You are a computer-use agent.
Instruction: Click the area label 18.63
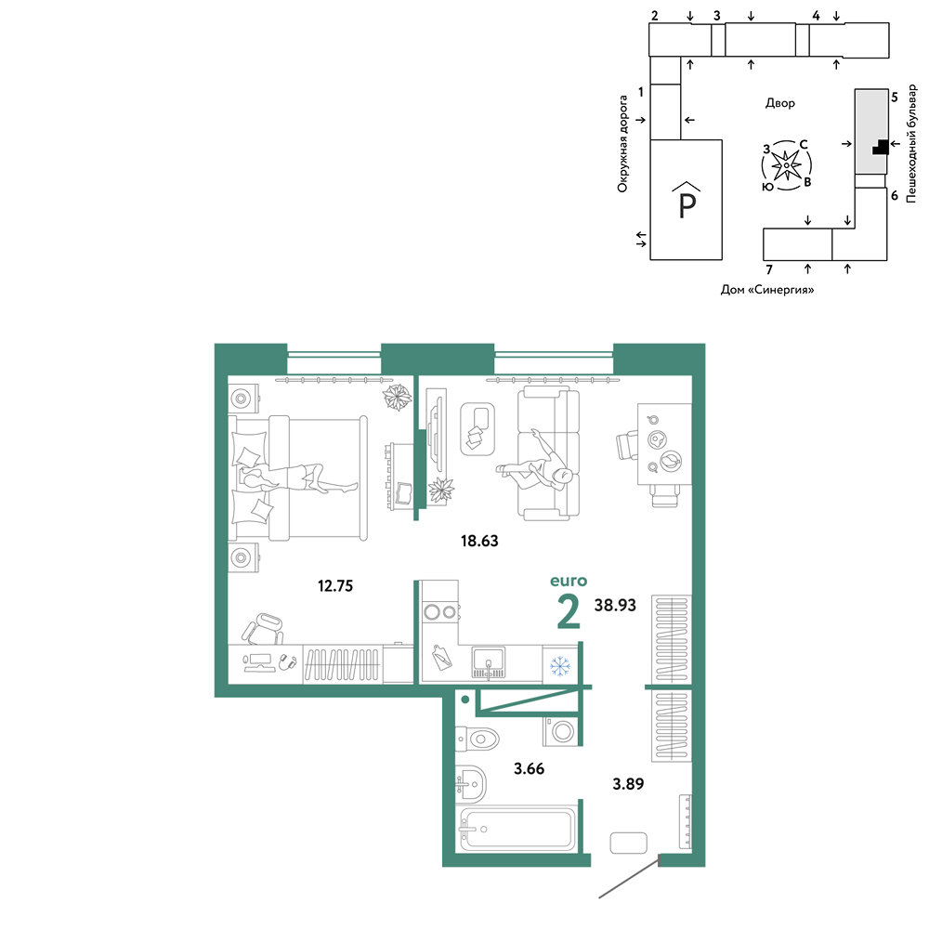pos(479,541)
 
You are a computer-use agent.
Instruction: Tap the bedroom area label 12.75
pos(335,586)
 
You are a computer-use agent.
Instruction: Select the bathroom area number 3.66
pos(529,768)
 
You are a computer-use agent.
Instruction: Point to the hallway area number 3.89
pos(628,784)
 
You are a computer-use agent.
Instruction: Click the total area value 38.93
pos(615,605)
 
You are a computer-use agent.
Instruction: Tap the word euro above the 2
pos(569,581)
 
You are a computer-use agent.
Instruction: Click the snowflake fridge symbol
pos(560,666)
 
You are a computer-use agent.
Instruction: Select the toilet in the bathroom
pos(477,739)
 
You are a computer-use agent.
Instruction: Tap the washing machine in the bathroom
pos(560,731)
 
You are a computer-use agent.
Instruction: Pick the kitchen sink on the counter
pos(489,662)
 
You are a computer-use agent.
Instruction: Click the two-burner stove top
pos(440,611)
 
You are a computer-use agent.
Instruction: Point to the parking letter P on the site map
pos(687,205)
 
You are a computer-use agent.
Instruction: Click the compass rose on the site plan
pos(786,165)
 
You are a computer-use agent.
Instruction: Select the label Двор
pos(779,103)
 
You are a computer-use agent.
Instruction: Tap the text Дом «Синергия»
pos(766,290)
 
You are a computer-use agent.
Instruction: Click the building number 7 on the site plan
pos(769,269)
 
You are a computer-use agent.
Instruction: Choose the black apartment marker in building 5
pos(881,147)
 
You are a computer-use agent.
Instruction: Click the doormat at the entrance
pos(628,843)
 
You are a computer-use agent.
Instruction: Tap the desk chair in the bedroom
pos(264,629)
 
